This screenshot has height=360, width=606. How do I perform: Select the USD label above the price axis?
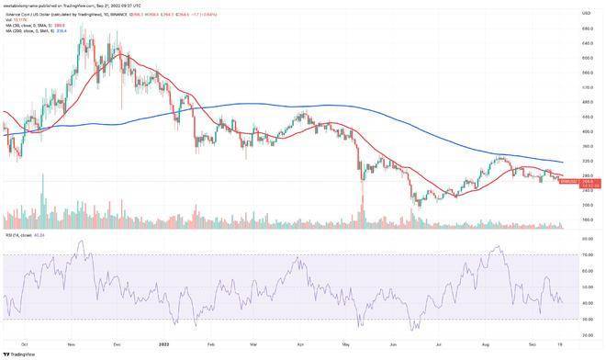point(584,13)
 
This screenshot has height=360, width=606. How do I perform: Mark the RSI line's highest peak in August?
point(499,246)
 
